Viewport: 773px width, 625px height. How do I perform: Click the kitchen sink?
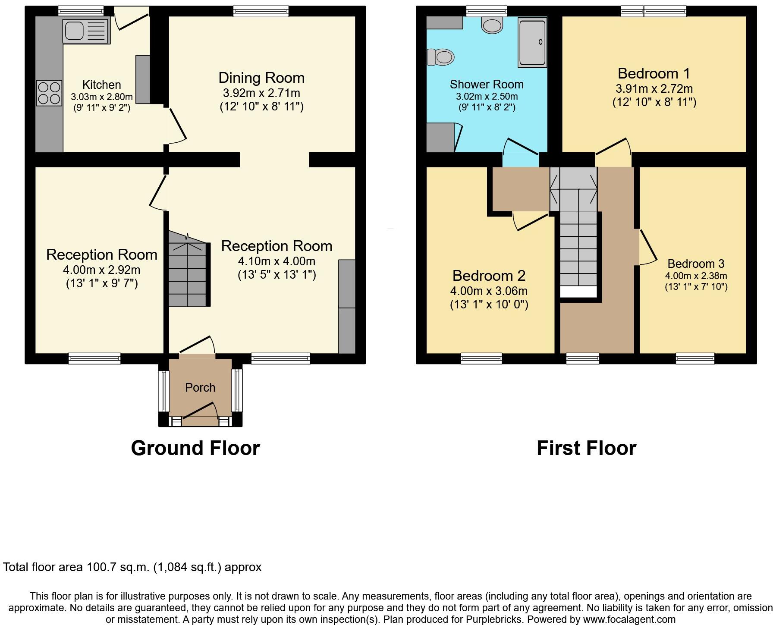coord(86,31)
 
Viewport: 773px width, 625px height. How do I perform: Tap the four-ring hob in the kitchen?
coord(49,93)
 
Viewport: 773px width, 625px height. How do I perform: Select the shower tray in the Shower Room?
coord(533,43)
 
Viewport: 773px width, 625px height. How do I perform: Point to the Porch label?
coord(200,387)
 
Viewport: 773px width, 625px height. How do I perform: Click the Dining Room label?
coord(261,78)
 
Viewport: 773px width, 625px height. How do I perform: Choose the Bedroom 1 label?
coord(654,73)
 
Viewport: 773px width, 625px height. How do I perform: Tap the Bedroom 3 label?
coord(696,264)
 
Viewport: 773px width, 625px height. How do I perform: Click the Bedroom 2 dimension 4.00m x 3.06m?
coord(489,291)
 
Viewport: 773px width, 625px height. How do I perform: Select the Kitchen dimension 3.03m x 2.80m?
coord(102,97)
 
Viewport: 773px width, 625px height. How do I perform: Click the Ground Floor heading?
coord(195,448)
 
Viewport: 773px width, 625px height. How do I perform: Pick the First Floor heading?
coord(586,448)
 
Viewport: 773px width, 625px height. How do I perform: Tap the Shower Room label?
coord(487,84)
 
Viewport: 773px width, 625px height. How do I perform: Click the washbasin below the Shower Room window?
coord(492,25)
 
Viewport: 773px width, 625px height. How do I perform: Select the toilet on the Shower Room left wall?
coord(440,57)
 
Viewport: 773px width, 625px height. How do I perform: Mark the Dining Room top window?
coord(261,11)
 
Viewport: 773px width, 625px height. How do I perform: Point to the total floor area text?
coord(132,567)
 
